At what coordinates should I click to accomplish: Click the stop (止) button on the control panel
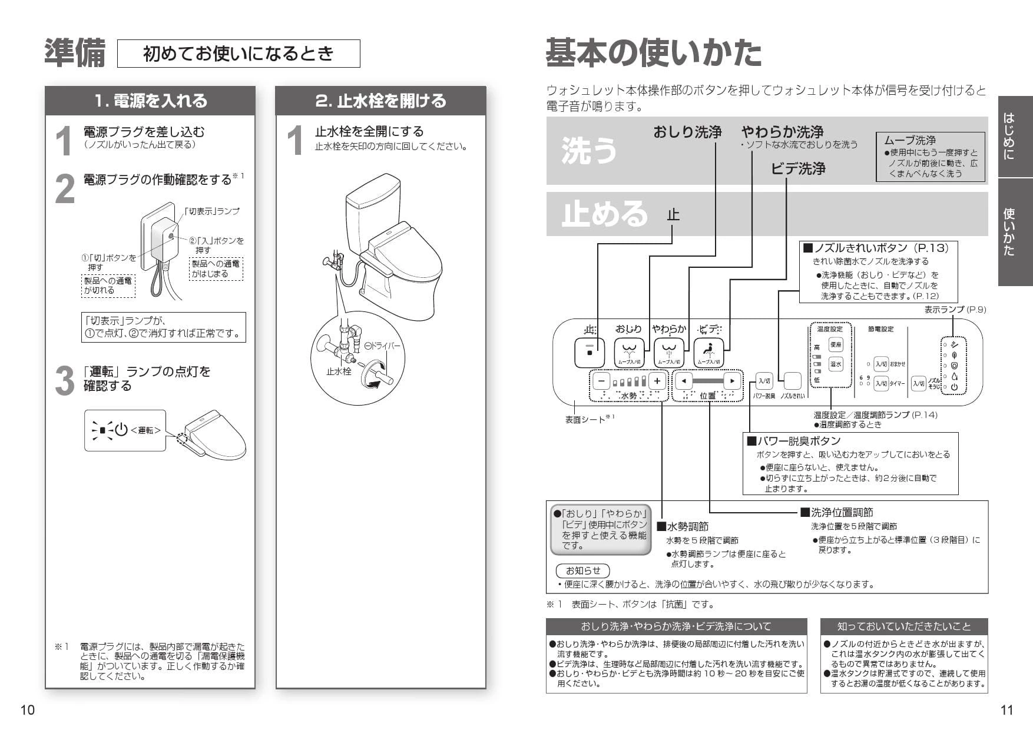(x=590, y=353)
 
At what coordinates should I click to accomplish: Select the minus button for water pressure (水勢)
(x=601, y=381)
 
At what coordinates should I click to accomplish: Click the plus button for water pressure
(x=658, y=381)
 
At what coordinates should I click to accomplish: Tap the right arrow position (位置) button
(x=732, y=381)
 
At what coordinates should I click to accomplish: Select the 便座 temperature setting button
(x=836, y=344)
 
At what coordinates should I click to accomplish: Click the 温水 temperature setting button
(x=836, y=364)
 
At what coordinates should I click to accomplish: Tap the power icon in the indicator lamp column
(x=954, y=387)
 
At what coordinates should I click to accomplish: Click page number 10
(x=28, y=710)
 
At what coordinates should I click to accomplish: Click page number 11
(x=1006, y=710)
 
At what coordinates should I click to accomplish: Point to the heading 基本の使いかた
(x=653, y=53)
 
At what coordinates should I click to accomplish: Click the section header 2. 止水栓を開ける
(x=380, y=101)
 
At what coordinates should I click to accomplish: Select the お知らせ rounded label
(x=582, y=570)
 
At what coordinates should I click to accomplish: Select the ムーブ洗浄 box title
(x=910, y=140)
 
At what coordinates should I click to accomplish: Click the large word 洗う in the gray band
(x=589, y=150)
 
